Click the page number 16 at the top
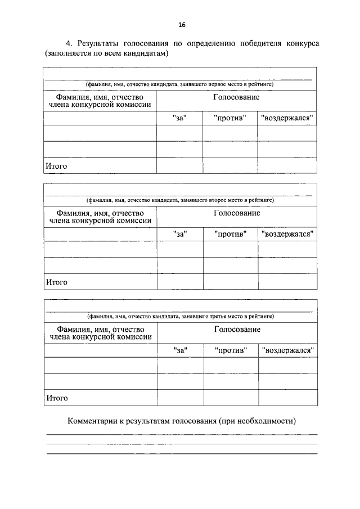click(182, 25)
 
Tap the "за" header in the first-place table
click(179, 118)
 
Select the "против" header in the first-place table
click(230, 118)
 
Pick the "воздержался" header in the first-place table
click(287, 118)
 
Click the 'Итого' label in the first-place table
click(56, 166)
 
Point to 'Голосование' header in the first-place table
click(236, 97)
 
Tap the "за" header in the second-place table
click(180, 234)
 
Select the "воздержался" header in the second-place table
click(287, 234)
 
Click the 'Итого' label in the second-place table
click(57, 282)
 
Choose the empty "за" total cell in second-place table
click(180, 282)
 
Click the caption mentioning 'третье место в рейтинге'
click(180, 316)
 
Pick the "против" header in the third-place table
click(231, 350)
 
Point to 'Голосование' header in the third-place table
click(237, 329)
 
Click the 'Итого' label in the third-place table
click(57, 398)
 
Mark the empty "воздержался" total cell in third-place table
click(288, 398)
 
